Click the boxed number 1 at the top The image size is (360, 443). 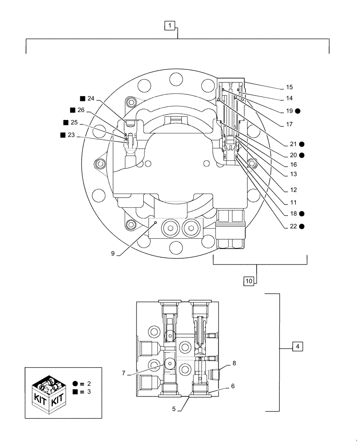coord(171,26)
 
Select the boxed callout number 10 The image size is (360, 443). coord(249,280)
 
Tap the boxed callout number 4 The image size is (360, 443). coord(297,347)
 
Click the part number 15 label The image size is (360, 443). coord(289,87)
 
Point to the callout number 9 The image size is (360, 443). coord(113,254)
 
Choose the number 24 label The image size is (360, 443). coord(91,98)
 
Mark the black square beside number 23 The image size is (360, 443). coord(63,135)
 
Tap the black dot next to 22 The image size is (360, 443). coord(301,226)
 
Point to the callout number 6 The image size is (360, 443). coord(232,386)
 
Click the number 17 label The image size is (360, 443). coord(289,124)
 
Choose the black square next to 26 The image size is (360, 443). coord(73,110)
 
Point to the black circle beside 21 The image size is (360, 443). coord(301,144)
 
